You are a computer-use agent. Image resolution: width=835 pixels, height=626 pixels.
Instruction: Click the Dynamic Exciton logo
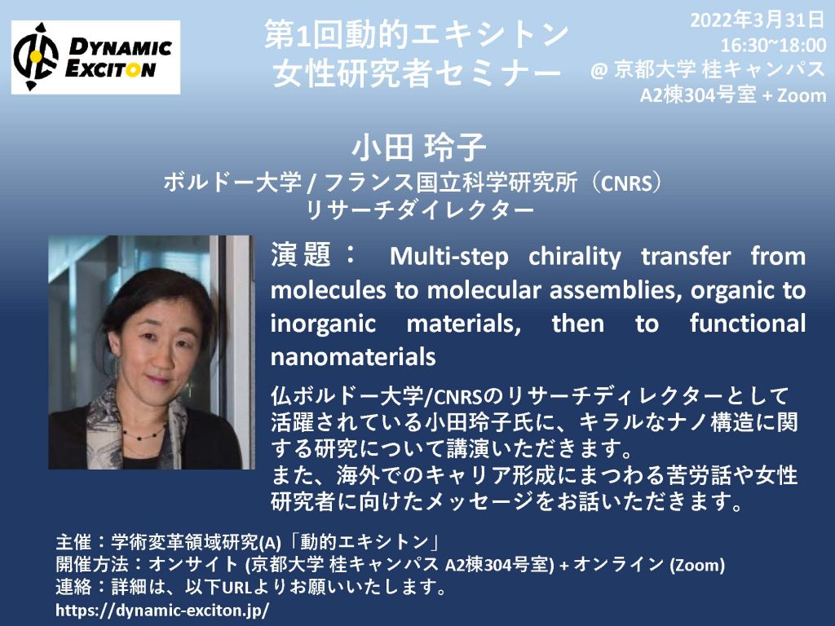pyautogui.click(x=96, y=58)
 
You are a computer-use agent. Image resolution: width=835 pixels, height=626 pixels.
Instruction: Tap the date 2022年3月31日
pyautogui.click(x=758, y=20)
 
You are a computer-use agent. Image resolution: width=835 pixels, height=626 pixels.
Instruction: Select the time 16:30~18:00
pyautogui.click(x=773, y=46)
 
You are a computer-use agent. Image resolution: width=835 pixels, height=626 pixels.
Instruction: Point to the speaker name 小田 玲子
pyautogui.click(x=418, y=147)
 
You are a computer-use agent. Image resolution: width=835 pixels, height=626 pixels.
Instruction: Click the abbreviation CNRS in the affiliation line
pyautogui.click(x=626, y=183)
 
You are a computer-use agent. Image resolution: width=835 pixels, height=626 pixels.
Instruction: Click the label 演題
pyautogui.click(x=302, y=254)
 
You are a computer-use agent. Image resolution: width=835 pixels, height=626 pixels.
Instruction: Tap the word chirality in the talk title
pyautogui.click(x=575, y=257)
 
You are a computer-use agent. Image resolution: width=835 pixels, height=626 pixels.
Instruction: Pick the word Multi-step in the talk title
pyautogui.click(x=449, y=257)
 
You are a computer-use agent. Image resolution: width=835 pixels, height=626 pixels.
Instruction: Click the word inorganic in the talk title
pyautogui.click(x=323, y=324)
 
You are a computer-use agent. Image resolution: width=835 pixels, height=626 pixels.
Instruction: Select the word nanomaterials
pyautogui.click(x=353, y=357)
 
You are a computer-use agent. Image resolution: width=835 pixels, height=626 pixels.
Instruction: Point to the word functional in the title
pyautogui.click(x=748, y=323)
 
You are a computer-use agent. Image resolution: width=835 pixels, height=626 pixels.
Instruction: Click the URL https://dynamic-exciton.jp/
pyautogui.click(x=162, y=610)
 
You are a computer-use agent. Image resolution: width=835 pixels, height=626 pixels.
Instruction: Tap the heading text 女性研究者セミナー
pyautogui.click(x=417, y=73)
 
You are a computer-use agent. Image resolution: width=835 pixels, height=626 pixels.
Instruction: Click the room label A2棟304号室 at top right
pyautogui.click(x=698, y=95)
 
